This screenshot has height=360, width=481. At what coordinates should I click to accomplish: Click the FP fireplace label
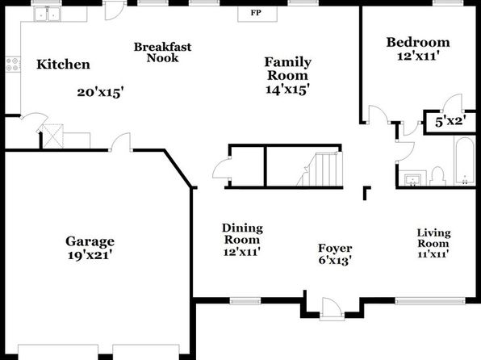256,13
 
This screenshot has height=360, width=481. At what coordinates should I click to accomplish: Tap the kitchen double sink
48,14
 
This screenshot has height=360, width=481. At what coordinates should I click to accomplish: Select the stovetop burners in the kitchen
13,65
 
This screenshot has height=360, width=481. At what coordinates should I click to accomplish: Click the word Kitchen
63,65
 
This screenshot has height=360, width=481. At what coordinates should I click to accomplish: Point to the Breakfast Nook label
162,52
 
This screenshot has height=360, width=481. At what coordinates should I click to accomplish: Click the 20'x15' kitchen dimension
100,92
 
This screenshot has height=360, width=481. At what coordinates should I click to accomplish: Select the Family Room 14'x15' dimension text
287,90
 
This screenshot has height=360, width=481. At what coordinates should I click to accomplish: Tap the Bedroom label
418,42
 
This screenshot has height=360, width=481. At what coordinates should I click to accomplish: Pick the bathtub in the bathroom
464,161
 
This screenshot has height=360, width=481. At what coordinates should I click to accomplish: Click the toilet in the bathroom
437,176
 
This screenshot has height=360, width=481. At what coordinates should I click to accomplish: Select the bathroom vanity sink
412,178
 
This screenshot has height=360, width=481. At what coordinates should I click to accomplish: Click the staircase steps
320,170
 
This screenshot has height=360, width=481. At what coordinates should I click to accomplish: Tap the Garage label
90,241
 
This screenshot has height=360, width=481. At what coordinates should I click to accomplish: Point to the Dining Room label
242,234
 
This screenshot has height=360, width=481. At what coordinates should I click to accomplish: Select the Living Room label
433,238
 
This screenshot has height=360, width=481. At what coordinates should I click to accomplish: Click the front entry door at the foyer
332,308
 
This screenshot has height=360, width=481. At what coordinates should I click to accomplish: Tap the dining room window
245,301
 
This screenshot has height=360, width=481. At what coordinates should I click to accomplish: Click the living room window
430,301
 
